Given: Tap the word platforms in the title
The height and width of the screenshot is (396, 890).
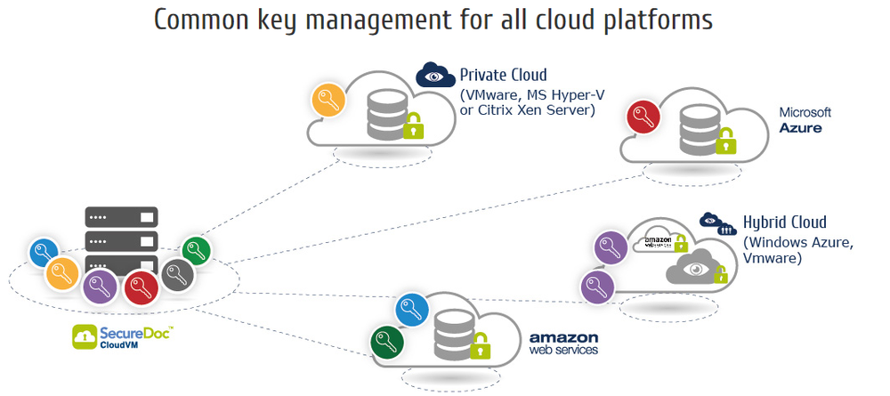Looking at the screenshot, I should click(x=651, y=20).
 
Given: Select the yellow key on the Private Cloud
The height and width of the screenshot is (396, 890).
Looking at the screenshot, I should click(x=328, y=100).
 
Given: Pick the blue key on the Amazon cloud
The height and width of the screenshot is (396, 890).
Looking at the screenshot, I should click(x=412, y=310).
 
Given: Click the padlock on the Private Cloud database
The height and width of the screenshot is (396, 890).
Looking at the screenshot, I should click(x=413, y=126).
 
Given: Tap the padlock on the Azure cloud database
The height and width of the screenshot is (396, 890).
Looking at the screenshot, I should click(x=727, y=141).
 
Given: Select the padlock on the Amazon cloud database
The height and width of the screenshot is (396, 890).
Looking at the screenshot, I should click(x=481, y=344).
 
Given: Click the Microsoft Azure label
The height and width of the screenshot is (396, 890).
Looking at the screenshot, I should click(x=805, y=120).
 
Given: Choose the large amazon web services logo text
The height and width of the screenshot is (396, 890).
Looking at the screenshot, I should click(x=563, y=343).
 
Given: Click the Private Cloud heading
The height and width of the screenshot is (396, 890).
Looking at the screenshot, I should click(x=503, y=76).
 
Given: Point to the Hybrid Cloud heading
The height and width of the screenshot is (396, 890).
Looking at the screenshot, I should click(x=785, y=222).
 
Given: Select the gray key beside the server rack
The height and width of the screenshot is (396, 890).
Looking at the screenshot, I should click(x=177, y=275).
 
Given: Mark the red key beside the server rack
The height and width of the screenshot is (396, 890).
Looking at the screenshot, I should click(x=141, y=287).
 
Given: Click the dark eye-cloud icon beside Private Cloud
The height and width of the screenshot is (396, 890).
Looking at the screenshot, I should click(x=435, y=74).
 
